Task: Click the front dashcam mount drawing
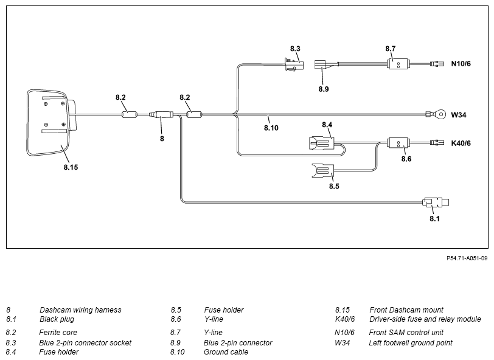click(x=50, y=123)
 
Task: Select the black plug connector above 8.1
click(x=436, y=202)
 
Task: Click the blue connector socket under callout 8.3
click(x=294, y=64)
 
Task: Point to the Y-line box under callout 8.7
click(x=398, y=64)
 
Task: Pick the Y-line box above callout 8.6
click(x=398, y=143)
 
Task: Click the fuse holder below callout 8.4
click(x=321, y=144)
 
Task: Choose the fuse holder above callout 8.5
click(x=322, y=171)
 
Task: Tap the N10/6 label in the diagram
click(x=461, y=64)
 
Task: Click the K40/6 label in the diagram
click(x=461, y=144)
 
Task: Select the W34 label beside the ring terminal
click(x=459, y=115)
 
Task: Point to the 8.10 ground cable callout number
click(x=271, y=128)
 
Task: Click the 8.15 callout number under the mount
click(x=71, y=167)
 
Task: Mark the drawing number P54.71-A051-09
click(x=467, y=258)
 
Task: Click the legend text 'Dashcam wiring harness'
click(x=80, y=310)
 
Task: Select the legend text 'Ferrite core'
click(x=58, y=333)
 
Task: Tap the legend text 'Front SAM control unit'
click(x=406, y=333)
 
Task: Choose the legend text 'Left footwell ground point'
click(x=411, y=343)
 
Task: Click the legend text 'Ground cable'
click(x=226, y=352)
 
